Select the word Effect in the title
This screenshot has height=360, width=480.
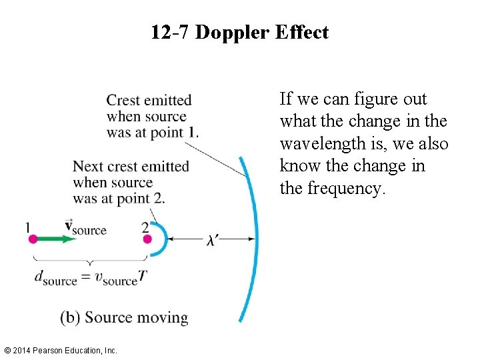tap(303, 33)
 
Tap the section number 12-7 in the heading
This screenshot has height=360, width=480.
tap(170, 33)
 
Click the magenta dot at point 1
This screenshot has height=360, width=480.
tap(33, 239)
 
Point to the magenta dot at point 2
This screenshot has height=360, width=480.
tap(147, 239)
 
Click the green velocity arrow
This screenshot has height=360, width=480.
tap(57, 239)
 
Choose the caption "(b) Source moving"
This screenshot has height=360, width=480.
tap(124, 317)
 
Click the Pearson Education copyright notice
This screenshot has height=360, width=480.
tap(61, 350)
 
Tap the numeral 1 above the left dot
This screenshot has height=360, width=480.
tap(27, 227)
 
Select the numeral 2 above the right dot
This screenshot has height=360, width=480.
tap(145, 227)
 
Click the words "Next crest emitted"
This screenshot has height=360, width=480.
tap(131, 167)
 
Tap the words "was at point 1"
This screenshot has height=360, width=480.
tap(153, 131)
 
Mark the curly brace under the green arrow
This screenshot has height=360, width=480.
tap(90, 261)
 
